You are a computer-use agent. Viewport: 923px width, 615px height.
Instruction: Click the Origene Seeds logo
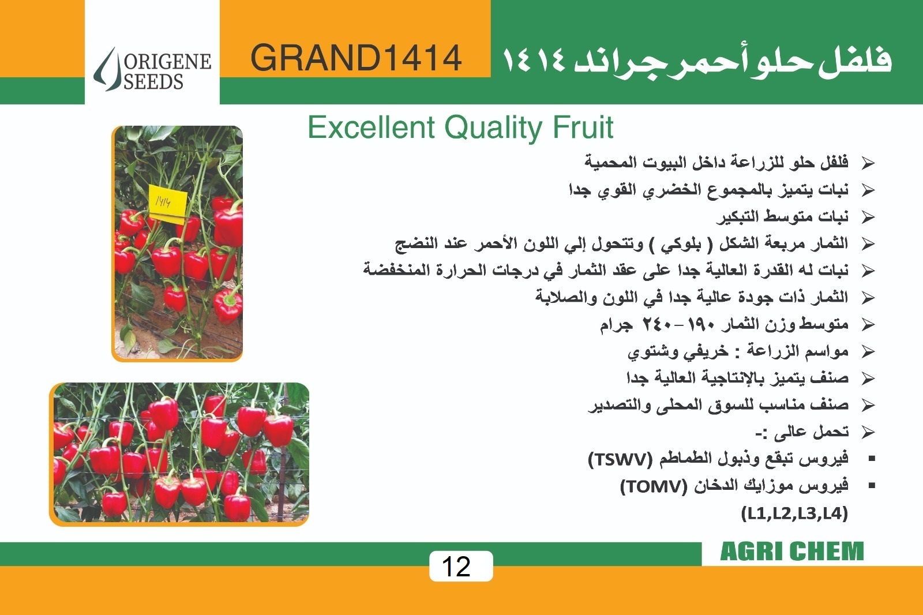click(152, 69)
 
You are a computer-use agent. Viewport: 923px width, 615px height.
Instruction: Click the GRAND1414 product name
click(356, 58)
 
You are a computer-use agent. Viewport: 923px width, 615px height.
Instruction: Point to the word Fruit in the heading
click(583, 127)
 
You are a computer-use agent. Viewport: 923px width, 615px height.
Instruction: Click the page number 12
click(456, 567)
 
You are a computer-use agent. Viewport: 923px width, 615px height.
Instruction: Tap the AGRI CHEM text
click(791, 552)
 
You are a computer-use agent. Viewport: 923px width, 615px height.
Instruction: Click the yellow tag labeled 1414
click(167, 204)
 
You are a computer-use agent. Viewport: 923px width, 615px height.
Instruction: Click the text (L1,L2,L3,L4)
click(794, 513)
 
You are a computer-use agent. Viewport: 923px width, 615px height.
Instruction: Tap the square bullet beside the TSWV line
click(872, 458)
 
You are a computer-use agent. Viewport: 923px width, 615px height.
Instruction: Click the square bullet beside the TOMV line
click(872, 486)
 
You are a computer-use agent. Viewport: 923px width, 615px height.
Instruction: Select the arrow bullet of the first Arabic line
click(868, 163)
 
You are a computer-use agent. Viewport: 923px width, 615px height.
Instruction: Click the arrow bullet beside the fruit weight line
click(868, 325)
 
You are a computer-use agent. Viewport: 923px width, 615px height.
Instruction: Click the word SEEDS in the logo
click(153, 81)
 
